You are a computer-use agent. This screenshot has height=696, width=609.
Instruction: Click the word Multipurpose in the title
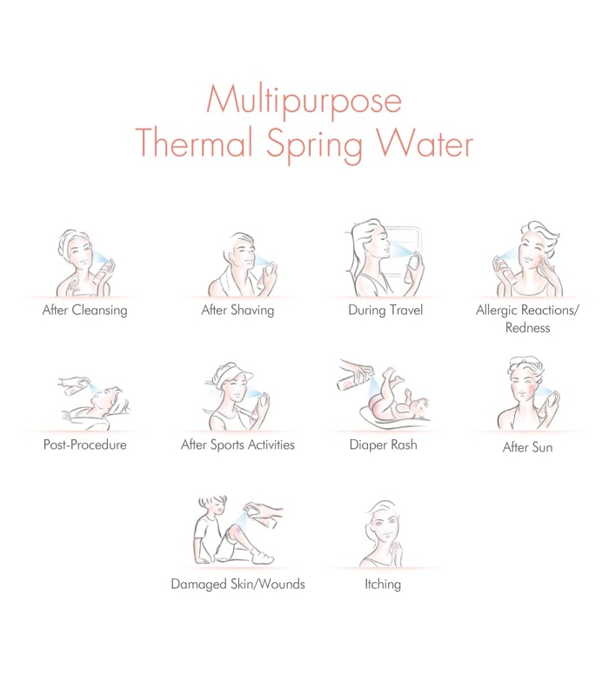[x=304, y=102]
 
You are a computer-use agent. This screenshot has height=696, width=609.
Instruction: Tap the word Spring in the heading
[x=315, y=144]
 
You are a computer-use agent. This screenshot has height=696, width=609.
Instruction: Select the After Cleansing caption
[x=84, y=311]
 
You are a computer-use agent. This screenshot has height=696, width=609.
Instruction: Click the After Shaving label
[x=238, y=311]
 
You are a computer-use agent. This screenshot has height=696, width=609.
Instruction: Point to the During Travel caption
[x=385, y=310]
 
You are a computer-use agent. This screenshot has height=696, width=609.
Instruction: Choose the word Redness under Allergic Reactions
[x=527, y=328]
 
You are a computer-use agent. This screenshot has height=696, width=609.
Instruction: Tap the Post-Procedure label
[x=84, y=445]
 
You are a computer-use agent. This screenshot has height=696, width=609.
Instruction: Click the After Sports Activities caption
[x=238, y=445]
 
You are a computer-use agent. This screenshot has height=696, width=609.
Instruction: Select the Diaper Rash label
[x=383, y=445]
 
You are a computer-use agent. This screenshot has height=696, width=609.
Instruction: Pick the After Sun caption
[x=527, y=447]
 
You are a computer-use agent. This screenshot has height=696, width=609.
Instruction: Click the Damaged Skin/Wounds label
[x=238, y=584]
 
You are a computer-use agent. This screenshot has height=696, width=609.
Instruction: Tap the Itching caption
[x=383, y=584]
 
